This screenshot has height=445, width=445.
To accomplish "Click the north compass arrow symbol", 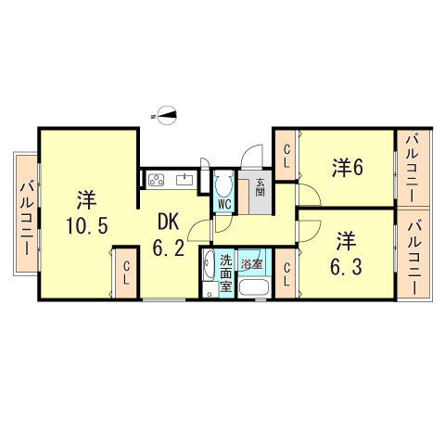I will (164, 114).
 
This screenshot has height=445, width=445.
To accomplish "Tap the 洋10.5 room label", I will (86, 212).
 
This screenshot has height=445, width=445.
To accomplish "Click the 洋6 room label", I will (348, 168).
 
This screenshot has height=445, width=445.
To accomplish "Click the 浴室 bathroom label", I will (252, 264).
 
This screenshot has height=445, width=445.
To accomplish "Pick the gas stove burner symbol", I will (156, 180).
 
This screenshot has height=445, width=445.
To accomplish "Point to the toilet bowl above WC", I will (223, 183).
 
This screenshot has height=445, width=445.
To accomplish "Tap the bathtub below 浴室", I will (253, 286).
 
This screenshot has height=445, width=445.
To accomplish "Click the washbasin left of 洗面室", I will (209, 266).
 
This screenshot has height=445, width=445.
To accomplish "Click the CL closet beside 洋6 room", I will (286, 155).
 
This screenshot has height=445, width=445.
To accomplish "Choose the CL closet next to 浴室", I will (286, 274).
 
